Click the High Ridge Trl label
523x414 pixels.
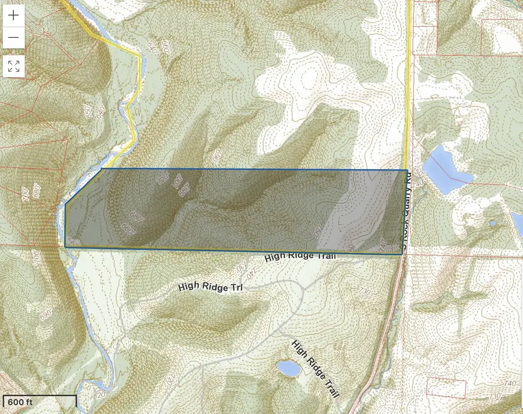pyautogui.click(x=210, y=287)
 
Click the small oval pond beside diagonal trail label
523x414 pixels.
pyautogui.click(x=288, y=368)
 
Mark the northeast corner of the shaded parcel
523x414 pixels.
pyautogui.click(x=406, y=170)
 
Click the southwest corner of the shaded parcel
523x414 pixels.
pyautogui.click(x=65, y=247)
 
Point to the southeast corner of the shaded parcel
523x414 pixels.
pyautogui.click(x=402, y=254)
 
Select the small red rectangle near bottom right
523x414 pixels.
pyautogui.click(x=446, y=388)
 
